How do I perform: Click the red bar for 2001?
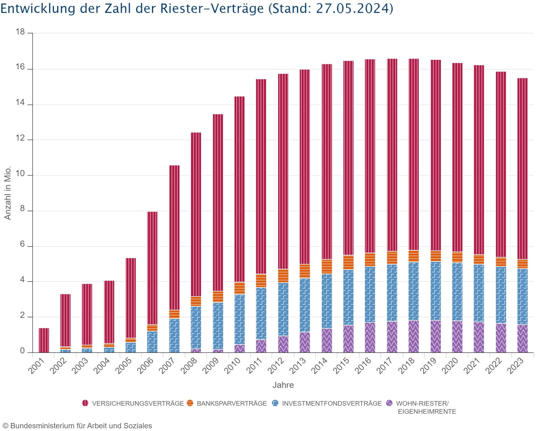pos(44,340)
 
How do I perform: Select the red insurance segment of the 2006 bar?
pos(152,268)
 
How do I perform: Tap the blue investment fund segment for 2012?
pos(283,309)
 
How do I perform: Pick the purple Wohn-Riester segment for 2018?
pos(414,336)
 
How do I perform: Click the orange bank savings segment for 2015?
pos(348,262)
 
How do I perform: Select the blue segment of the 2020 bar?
pos(457,292)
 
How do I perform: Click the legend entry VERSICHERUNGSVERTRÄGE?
pos(138,403)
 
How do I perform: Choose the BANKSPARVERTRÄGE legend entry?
pos(231,403)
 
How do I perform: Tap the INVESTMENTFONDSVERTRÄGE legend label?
pos(332,403)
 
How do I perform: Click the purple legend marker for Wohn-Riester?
pos(389,403)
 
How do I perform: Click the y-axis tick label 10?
pos(20,174)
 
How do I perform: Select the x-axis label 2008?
pos(189,366)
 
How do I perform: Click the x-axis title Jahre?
pos(283,385)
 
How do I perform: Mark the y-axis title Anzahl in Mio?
pos(7,193)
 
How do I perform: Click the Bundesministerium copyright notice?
pos(77,426)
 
